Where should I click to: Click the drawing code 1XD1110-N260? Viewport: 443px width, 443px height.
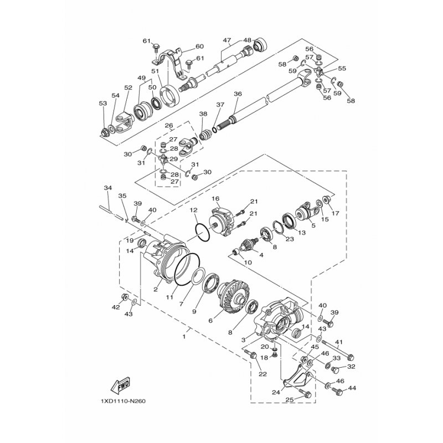123,401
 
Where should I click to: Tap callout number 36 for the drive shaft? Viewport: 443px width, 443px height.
238,94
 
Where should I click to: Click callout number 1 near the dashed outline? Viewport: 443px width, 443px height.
184,337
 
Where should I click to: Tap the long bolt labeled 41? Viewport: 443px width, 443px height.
338,350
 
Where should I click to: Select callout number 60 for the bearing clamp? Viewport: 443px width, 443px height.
199,46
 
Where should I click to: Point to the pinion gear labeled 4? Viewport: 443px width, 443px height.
248,244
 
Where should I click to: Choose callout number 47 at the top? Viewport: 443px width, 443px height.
227,40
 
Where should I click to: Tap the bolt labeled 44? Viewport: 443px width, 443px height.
337,392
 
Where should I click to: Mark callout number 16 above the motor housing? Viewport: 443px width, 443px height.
215,199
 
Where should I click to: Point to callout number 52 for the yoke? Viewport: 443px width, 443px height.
128,87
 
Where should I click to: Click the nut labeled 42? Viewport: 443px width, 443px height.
124,297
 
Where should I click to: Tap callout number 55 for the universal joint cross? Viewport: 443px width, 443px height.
342,68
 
